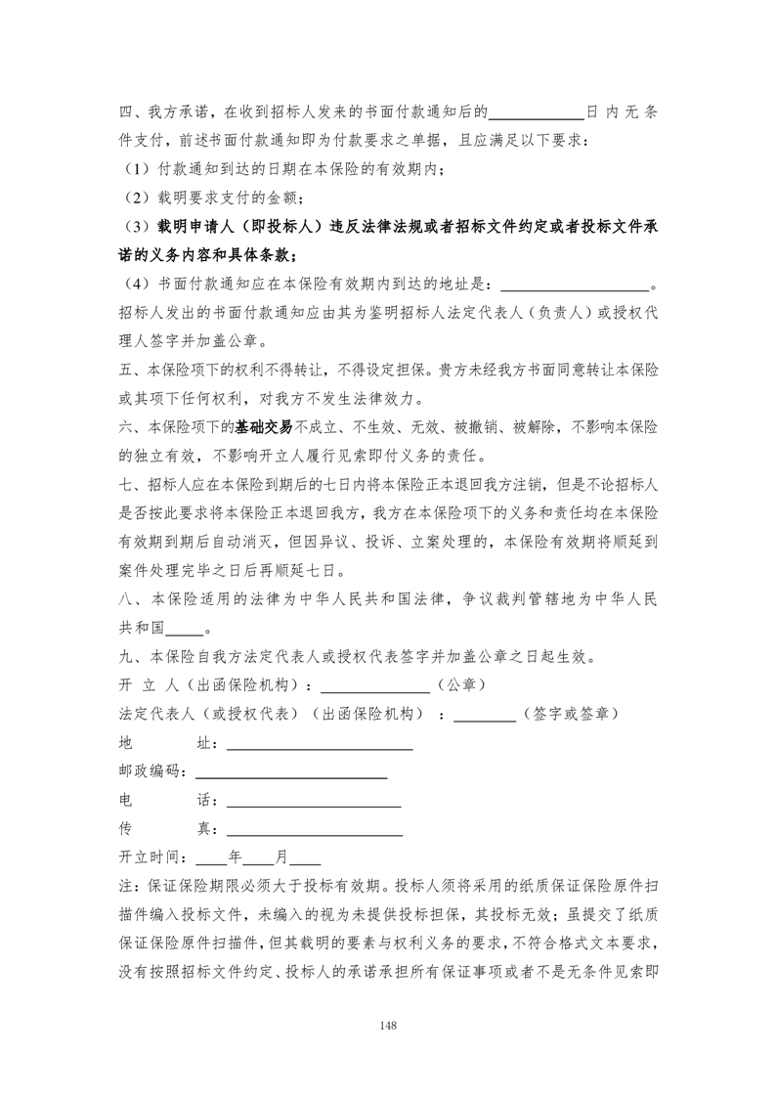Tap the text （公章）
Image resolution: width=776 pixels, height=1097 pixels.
(x=459, y=686)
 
